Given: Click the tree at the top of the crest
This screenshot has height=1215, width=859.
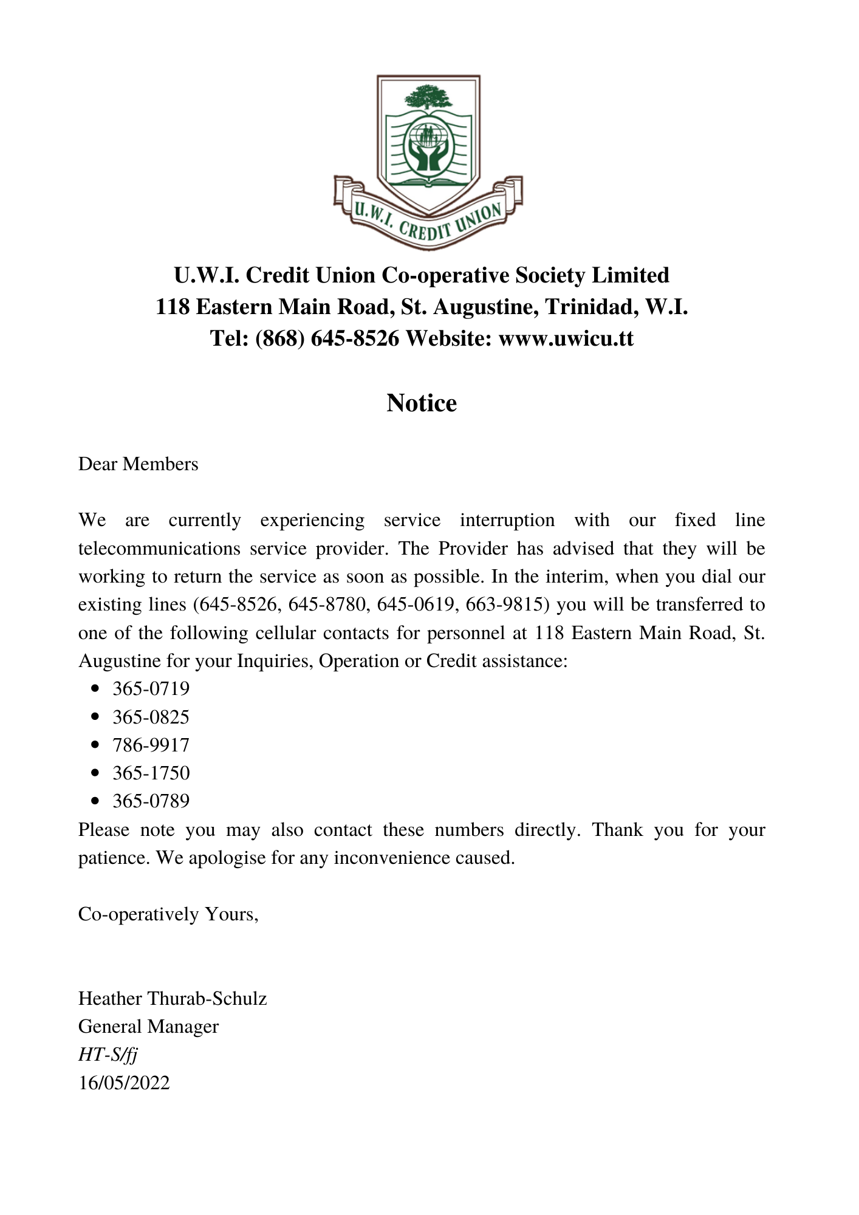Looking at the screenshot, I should (429, 97).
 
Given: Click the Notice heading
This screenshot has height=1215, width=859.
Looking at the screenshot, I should (422, 403).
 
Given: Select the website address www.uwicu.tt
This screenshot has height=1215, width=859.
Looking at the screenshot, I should (566, 338).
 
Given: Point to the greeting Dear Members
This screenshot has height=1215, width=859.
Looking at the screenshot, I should (139, 464).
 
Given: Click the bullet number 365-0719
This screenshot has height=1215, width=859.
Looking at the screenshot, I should (151, 689).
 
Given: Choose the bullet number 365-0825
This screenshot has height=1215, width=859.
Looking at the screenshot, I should (151, 717).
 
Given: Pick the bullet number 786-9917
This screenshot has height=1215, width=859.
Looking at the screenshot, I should (151, 745).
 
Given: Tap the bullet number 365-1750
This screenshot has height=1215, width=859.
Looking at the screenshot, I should (151, 773).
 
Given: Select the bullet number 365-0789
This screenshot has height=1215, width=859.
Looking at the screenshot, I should (151, 801).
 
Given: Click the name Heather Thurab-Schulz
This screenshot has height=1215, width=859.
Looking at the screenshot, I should (173, 998).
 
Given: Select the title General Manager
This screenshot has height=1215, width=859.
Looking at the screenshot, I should (148, 1026).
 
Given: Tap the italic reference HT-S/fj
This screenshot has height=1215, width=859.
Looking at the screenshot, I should (108, 1055).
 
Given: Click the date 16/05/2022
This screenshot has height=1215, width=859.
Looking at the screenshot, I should (124, 1083).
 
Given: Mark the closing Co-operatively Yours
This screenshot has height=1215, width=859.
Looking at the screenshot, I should (168, 914).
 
